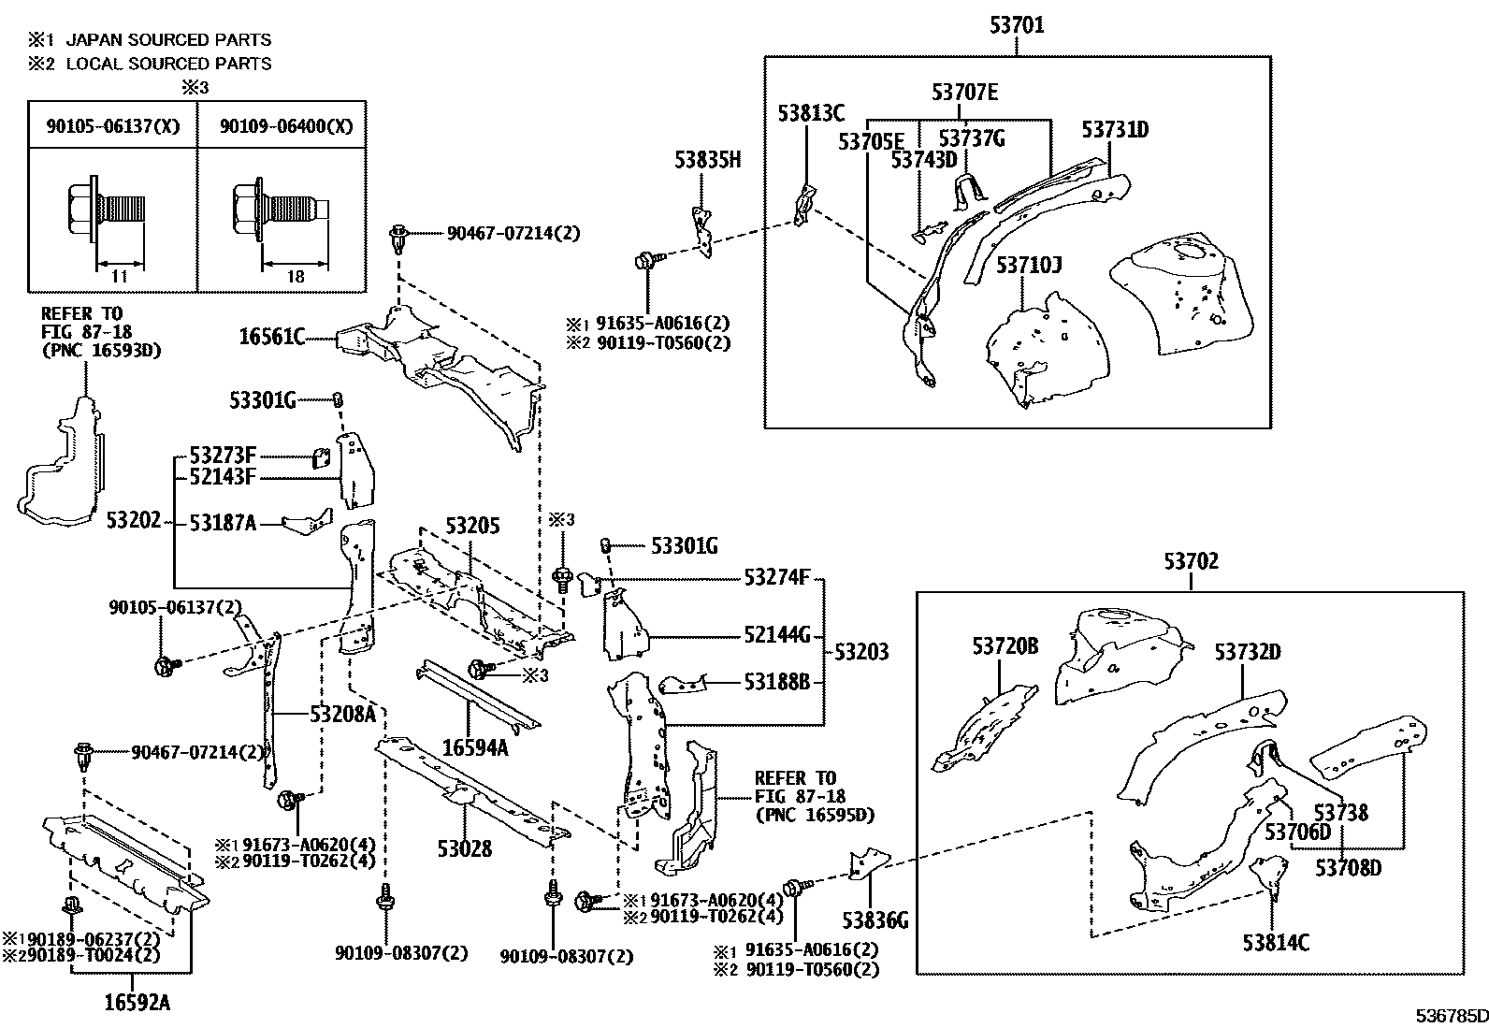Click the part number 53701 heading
click(1017, 25)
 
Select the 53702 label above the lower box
click(1191, 561)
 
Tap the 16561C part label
click(271, 337)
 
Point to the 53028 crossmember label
click(464, 848)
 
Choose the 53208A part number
click(342, 715)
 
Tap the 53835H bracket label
click(707, 160)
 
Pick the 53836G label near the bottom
click(874, 920)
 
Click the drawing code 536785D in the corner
click(1450, 1016)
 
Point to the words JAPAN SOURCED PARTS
click(168, 40)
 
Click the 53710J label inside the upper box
click(1028, 266)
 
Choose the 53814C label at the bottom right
click(1276, 942)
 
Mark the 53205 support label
click(472, 526)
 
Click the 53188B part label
click(776, 681)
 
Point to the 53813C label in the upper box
click(811, 114)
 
